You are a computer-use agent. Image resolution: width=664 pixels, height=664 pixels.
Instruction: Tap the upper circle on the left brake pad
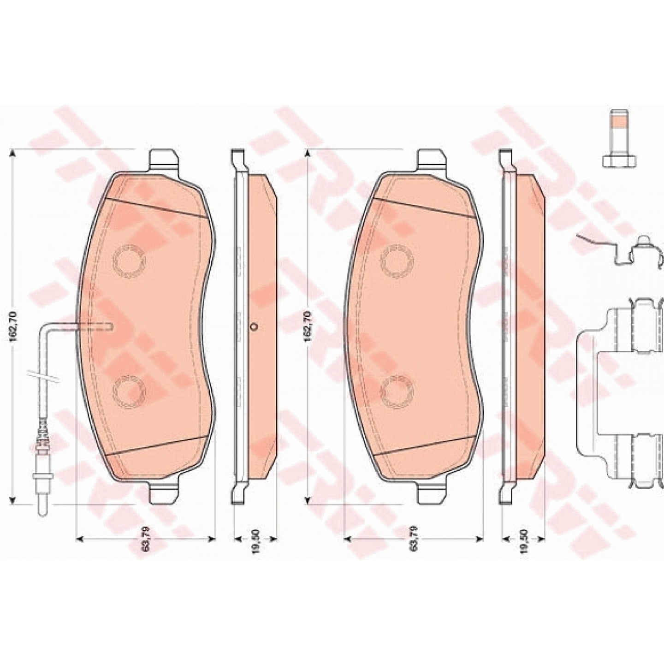pyautogui.click(x=129, y=261)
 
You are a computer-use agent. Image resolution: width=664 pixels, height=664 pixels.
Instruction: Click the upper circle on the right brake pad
pyautogui.click(x=397, y=261)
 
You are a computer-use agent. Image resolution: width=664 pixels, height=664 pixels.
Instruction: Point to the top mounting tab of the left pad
pyautogui.click(x=164, y=160)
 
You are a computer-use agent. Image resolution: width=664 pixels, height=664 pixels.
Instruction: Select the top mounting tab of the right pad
pyautogui.click(x=433, y=160)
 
